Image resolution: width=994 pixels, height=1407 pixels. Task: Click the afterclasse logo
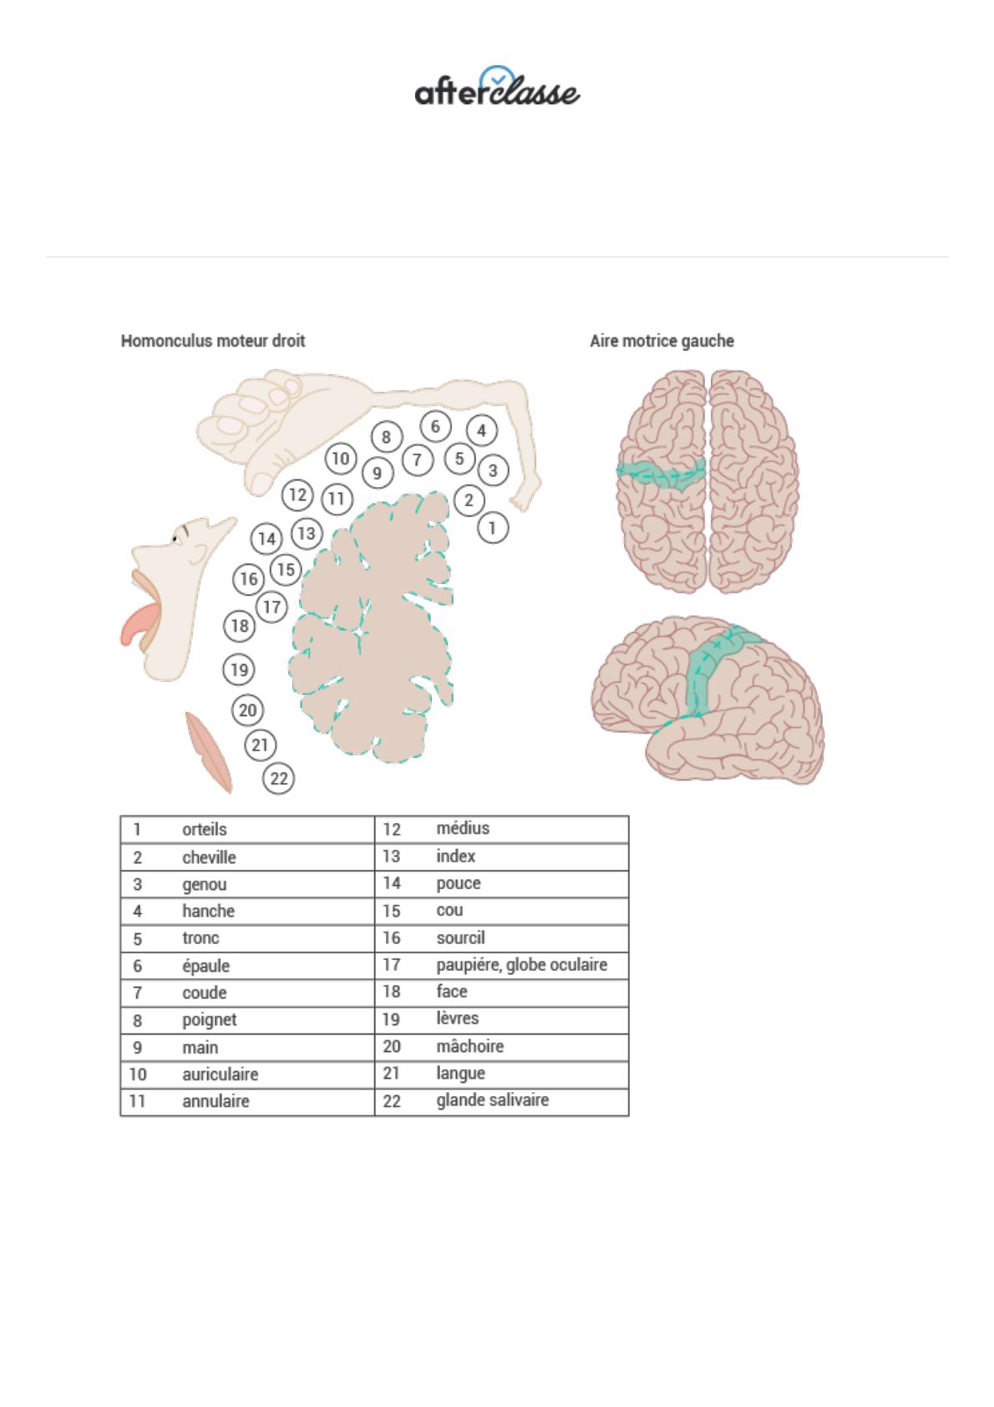click(x=497, y=87)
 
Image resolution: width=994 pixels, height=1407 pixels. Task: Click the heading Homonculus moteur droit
click(x=213, y=341)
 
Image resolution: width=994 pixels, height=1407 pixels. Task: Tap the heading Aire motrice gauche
click(x=662, y=341)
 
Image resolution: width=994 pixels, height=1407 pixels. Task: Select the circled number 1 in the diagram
click(x=493, y=528)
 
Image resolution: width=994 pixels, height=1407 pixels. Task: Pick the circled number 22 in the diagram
click(x=279, y=779)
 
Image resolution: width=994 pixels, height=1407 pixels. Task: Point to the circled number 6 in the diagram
click(x=435, y=427)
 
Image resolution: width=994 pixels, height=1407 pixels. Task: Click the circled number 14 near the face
click(x=266, y=539)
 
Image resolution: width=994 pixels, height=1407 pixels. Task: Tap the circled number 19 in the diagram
click(x=239, y=669)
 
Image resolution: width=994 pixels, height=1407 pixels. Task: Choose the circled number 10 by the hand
click(x=340, y=459)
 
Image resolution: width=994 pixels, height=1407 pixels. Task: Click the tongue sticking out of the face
click(x=137, y=622)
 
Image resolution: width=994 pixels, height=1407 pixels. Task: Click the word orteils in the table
click(x=205, y=830)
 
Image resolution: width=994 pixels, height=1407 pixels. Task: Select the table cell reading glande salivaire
click(x=492, y=1100)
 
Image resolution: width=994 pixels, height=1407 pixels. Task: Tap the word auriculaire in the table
click(x=220, y=1074)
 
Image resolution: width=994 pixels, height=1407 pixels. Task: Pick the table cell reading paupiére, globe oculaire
click(x=521, y=965)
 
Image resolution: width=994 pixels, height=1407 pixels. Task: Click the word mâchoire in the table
click(x=469, y=1046)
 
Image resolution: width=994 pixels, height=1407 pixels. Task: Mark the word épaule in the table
click(x=205, y=966)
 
